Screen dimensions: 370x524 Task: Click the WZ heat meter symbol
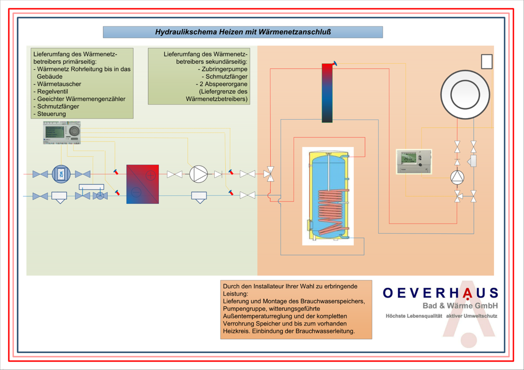[60, 174]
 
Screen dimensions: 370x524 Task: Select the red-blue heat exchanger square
[143, 184]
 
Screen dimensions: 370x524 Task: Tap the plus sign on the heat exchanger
[150, 175]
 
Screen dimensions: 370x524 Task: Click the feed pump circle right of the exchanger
[198, 174]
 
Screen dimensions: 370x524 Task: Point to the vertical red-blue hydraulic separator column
[327, 93]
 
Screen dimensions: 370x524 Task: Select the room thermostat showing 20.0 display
[413, 162]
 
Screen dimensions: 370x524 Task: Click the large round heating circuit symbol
[465, 95]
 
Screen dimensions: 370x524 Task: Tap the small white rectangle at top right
[487, 62]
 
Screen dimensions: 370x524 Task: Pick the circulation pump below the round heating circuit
[457, 178]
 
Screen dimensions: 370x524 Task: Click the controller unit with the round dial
[62, 133]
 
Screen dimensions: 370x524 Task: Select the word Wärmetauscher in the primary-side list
[59, 84]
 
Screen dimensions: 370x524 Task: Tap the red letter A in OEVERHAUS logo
[468, 293]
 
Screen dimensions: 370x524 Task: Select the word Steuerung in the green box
[51, 113]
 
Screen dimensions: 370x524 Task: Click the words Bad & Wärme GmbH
[460, 305]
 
